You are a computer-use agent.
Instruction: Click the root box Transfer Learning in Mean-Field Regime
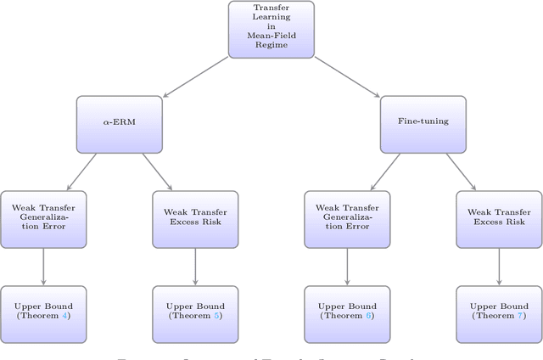coord(271,29)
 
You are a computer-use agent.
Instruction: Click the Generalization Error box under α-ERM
coord(43,219)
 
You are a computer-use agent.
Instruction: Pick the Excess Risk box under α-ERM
coord(195,219)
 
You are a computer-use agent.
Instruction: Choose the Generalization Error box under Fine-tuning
coord(347,219)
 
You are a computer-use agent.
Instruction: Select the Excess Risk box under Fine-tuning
coord(499,219)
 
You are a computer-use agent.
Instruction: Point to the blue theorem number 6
coord(368,316)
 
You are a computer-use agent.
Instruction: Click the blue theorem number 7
coord(520,316)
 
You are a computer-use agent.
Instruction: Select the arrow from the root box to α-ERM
coord(196,76)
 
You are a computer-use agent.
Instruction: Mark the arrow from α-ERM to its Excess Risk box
coord(157,172)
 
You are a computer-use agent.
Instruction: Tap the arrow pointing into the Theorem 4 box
coord(43,267)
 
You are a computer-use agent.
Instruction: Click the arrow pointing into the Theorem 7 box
coord(499,267)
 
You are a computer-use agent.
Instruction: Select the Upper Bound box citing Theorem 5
coord(195,312)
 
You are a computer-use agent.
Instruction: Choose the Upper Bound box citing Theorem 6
coord(347,312)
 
